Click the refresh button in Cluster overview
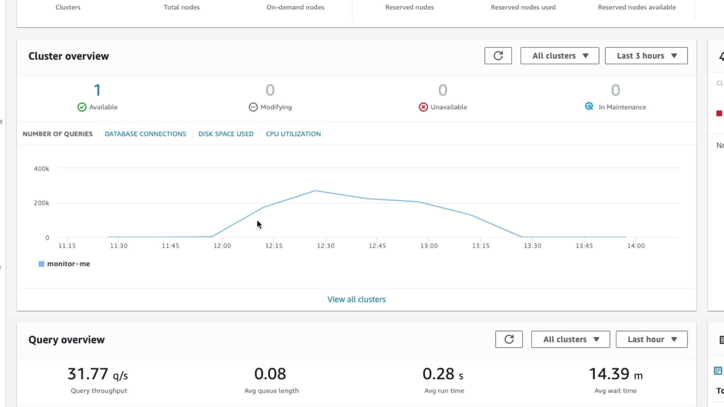(498, 56)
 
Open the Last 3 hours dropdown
(646, 56)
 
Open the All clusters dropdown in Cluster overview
(560, 56)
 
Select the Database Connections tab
(145, 134)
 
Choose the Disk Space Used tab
(226, 134)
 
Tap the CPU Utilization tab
(293, 134)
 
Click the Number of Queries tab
(57, 134)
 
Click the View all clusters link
(356, 299)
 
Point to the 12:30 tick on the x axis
(325, 246)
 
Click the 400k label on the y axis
(41, 169)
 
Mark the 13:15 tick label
(480, 246)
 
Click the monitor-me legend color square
(41, 264)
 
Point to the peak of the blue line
(315, 191)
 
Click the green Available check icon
(82, 107)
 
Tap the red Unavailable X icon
(423, 107)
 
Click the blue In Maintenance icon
(589, 106)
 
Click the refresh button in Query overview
(509, 339)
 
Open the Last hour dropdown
(651, 339)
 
